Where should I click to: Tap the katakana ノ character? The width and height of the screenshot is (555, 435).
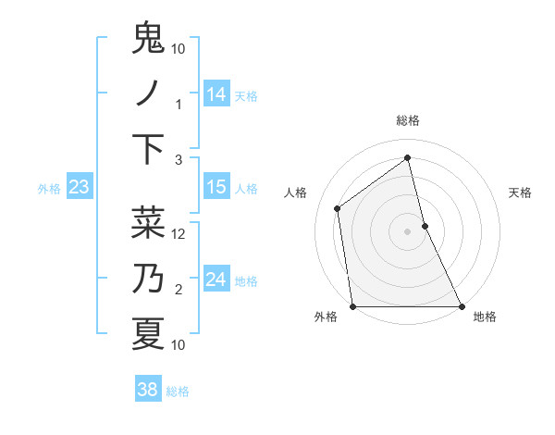click(x=148, y=94)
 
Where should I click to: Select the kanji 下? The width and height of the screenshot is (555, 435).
click(x=148, y=150)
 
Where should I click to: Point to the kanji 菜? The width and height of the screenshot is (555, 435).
click(x=148, y=222)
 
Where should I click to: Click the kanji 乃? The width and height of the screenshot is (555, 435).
click(x=148, y=278)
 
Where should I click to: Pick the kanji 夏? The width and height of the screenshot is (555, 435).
click(x=148, y=333)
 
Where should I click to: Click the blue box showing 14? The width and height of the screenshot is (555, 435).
click(x=216, y=94)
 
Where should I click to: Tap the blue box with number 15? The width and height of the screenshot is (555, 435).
click(x=216, y=188)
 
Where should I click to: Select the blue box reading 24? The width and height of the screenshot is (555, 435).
click(x=216, y=280)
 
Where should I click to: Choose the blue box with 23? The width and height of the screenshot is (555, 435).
click(x=80, y=188)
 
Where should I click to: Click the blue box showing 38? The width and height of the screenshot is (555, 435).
click(x=147, y=390)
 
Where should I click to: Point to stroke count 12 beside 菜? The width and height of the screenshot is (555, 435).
click(x=179, y=234)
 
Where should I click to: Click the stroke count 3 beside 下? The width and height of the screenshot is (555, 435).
click(x=179, y=160)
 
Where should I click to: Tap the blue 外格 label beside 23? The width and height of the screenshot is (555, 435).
click(x=49, y=189)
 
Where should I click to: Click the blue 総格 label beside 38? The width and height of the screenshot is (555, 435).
click(x=178, y=391)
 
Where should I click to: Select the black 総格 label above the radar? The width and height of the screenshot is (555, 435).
click(x=408, y=120)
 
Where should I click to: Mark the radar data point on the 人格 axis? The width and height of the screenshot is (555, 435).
click(x=338, y=208)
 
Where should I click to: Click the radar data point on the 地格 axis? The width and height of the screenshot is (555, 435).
click(x=462, y=306)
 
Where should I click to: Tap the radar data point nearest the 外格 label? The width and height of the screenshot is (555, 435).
click(x=353, y=306)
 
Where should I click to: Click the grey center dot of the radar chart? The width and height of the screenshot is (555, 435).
click(x=408, y=230)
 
